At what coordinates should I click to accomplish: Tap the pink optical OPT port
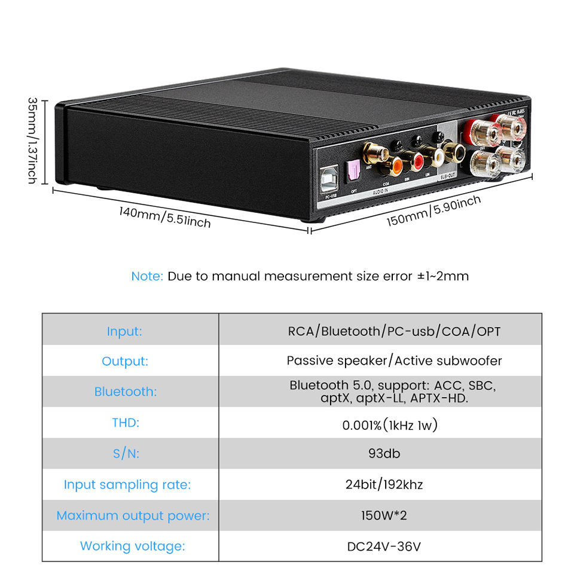pos(353,172)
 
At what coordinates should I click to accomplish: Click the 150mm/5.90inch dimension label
pos(433,211)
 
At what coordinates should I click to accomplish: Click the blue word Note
pos(146,276)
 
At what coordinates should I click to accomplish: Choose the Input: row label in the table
pos(124,331)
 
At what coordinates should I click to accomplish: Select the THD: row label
pos(125,423)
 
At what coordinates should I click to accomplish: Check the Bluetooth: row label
pos(125,392)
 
